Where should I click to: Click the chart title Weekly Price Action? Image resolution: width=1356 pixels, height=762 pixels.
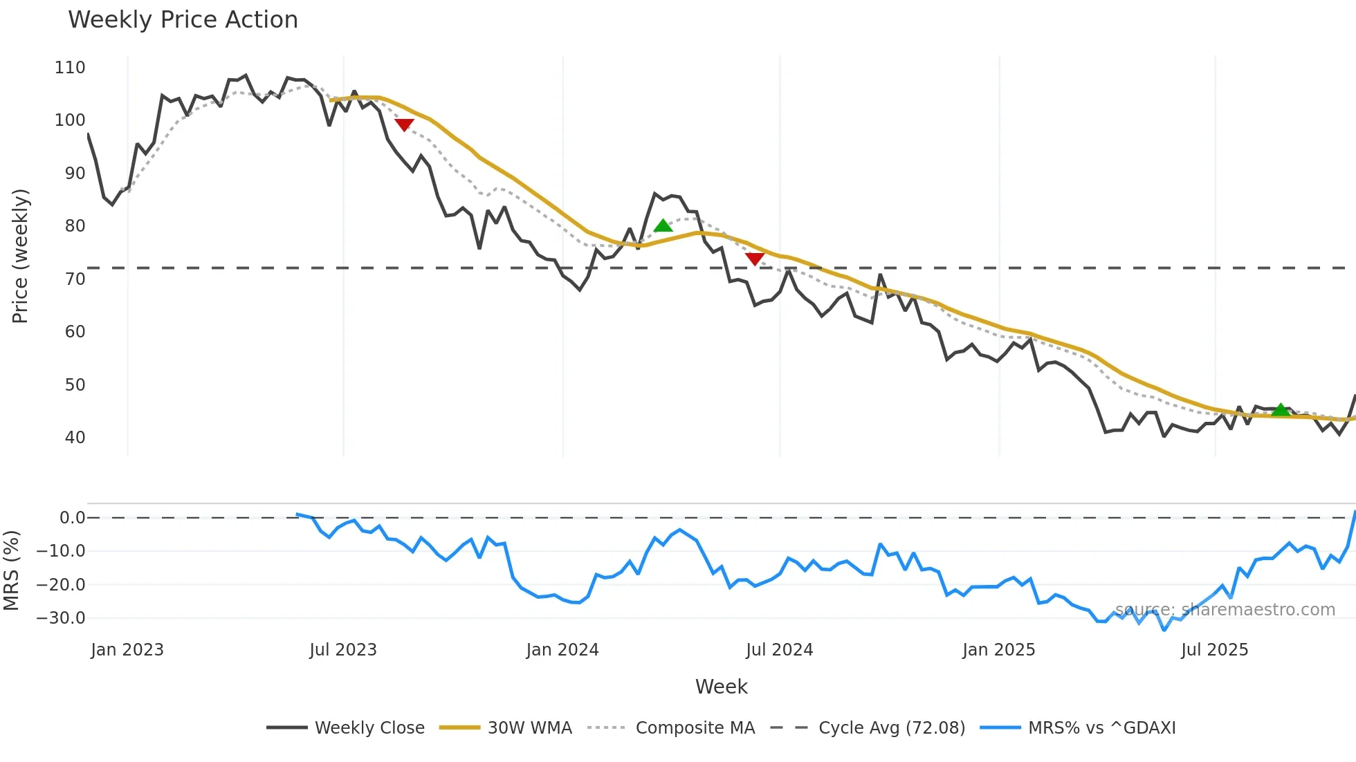pyautogui.click(x=183, y=20)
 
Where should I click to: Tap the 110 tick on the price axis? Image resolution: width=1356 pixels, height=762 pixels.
pyautogui.click(x=70, y=68)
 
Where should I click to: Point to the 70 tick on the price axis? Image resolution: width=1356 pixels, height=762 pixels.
pyautogui.click(x=75, y=279)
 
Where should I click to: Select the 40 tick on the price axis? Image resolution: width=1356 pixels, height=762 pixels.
pyautogui.click(x=75, y=438)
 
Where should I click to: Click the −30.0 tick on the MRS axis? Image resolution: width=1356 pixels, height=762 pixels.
pyautogui.click(x=61, y=618)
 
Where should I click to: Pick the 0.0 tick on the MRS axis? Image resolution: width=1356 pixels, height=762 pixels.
pyautogui.click(x=72, y=518)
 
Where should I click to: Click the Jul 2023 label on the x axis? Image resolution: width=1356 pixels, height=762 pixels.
pyautogui.click(x=343, y=650)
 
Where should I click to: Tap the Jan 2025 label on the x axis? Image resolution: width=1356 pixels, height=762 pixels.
pyautogui.click(x=998, y=650)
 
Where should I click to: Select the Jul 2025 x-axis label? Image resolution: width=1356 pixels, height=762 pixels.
pyautogui.click(x=1214, y=650)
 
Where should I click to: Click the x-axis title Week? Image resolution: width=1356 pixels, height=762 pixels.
pyautogui.click(x=721, y=687)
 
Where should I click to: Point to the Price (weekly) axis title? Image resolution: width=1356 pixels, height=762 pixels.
pyautogui.click(x=20, y=256)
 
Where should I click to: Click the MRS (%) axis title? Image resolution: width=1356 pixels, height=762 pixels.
pyautogui.click(x=11, y=570)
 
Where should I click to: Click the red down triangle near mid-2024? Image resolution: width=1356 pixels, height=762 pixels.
pyautogui.click(x=755, y=259)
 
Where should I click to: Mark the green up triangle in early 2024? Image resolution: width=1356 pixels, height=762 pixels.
pyautogui.click(x=663, y=225)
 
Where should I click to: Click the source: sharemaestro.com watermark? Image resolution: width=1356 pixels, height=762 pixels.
pyautogui.click(x=1225, y=610)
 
